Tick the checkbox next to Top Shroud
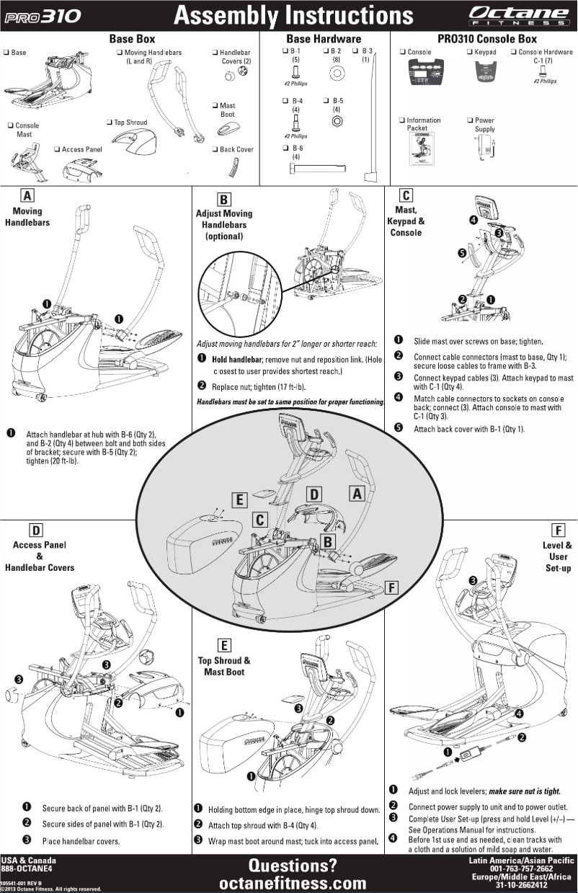pos(109,123)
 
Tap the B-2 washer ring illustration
pos(335,74)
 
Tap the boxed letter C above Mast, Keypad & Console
pos(406,195)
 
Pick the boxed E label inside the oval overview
pos(241,499)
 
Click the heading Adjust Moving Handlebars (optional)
pos(224,225)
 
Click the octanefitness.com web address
pos(292,883)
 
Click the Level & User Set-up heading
pos(557,556)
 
